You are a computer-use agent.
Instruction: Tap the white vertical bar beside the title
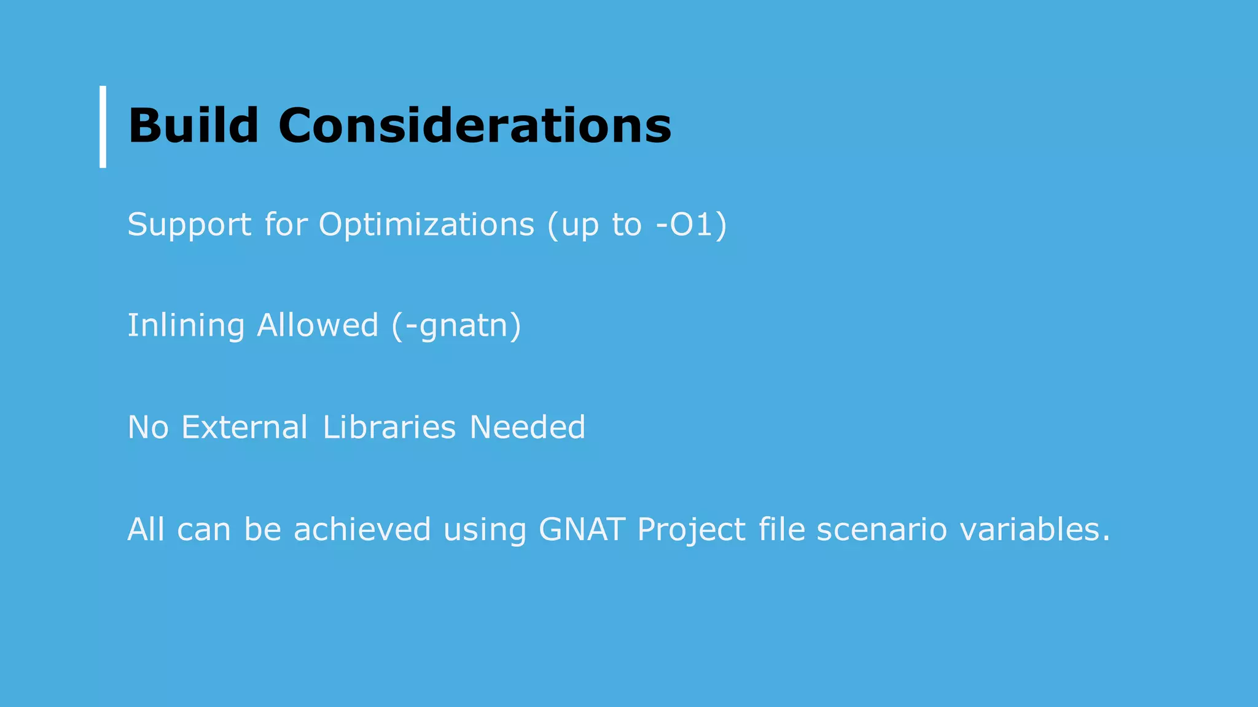[x=103, y=126]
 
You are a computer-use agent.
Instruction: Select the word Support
[x=189, y=225]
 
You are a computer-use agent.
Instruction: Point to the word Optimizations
[x=426, y=225]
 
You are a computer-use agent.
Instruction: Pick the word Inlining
[x=186, y=325]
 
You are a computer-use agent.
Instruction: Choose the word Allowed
[x=317, y=325]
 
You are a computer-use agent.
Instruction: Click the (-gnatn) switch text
[x=456, y=325]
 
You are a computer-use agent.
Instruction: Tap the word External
[x=244, y=427]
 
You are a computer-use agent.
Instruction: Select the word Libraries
[x=389, y=427]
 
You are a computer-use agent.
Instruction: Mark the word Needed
[x=527, y=427]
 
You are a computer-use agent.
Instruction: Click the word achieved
[x=362, y=529]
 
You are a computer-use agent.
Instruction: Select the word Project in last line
[x=691, y=529]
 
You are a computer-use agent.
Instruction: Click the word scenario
[x=881, y=529]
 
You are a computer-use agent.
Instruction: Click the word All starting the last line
[x=146, y=529]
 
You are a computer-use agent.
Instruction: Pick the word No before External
[x=148, y=427]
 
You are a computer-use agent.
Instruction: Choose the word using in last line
[x=485, y=530]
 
